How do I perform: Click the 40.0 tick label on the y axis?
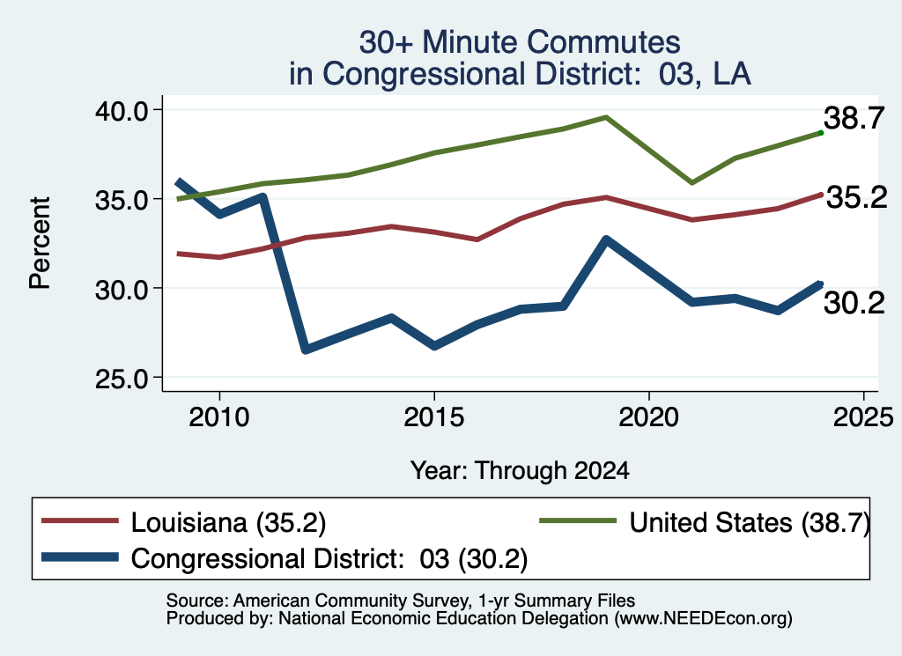coord(122,111)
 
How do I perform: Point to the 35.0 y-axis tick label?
coord(122,201)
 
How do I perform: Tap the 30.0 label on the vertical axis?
coord(122,290)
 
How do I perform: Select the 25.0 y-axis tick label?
coord(122,380)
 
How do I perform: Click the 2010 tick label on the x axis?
coord(219,416)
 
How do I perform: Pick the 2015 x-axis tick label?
coord(433,416)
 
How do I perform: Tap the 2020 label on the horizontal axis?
coord(649,416)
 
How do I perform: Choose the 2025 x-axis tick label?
coord(863,416)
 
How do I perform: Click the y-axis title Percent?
coord(40,243)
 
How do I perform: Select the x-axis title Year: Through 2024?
coord(520,471)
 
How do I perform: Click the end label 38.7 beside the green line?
coord(854,119)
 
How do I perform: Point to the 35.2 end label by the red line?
coord(856,198)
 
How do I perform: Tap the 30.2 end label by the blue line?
coord(854,303)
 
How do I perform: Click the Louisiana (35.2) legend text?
coord(228,523)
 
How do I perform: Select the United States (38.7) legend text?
coord(749,523)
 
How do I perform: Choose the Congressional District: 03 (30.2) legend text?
coord(329,559)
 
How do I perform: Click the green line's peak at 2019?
coord(606,117)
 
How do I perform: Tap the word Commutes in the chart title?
coord(604,42)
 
